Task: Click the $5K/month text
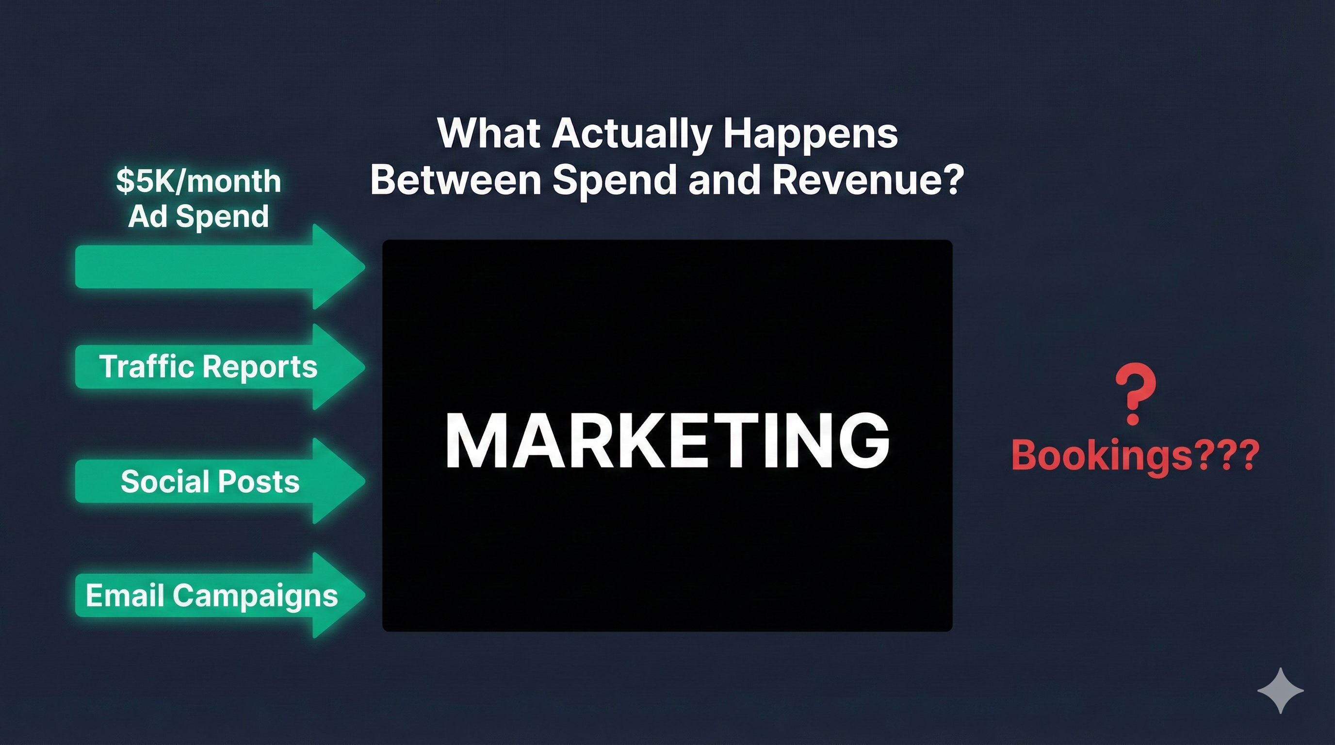[x=198, y=181]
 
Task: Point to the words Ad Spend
[x=198, y=216]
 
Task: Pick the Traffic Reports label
[x=208, y=367]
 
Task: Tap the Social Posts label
[x=210, y=482]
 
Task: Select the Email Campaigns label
[x=212, y=596]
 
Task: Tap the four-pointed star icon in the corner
[x=1281, y=691]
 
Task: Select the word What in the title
[x=489, y=134]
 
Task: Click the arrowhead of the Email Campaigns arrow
[x=337, y=595]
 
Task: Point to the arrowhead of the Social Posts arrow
[x=337, y=481]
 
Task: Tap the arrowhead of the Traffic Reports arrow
[x=337, y=367]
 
